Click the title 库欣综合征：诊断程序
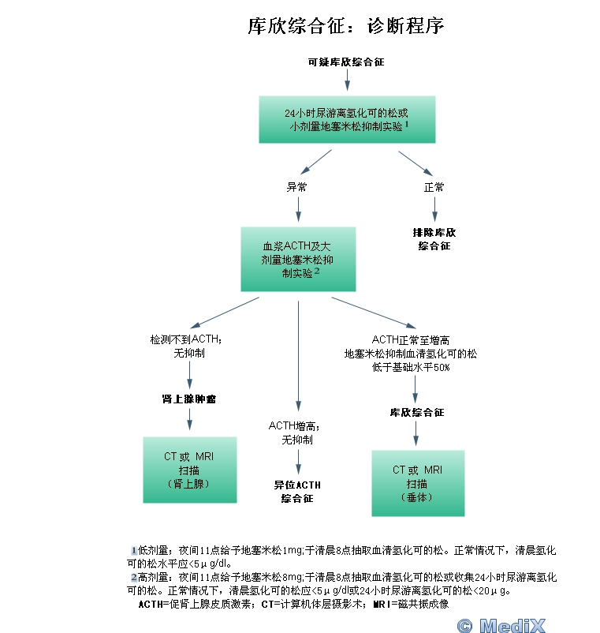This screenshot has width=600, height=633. [346, 26]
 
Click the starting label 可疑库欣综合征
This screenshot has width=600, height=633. [346, 61]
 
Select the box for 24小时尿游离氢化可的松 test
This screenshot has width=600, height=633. [347, 119]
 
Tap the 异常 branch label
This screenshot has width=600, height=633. [297, 188]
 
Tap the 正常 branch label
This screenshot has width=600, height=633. [434, 188]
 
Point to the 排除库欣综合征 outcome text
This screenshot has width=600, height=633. [434, 239]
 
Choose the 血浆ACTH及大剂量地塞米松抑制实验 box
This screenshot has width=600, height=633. [298, 259]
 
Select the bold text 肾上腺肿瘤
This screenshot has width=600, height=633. [189, 399]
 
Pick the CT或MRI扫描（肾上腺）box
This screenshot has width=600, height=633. [189, 470]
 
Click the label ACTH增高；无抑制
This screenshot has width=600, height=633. [296, 433]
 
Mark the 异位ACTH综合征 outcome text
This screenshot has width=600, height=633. [297, 491]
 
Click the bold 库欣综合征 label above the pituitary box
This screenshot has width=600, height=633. [417, 413]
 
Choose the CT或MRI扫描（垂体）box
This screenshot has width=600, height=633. [417, 483]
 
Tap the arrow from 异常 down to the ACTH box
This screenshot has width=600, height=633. [298, 211]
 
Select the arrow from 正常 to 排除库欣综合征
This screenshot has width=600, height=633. [434, 210]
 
